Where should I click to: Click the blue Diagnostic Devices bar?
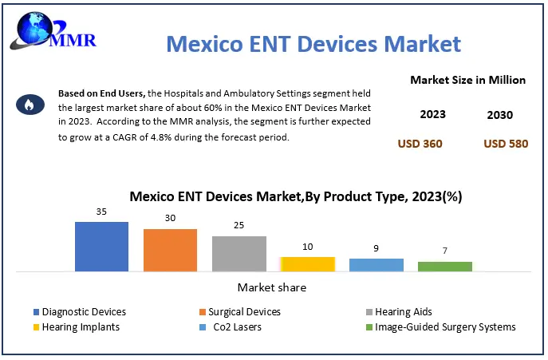point(101,246)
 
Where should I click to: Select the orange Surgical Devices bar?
point(170,250)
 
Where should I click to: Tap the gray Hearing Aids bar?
point(239,253)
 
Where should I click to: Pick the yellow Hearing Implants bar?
point(307,263)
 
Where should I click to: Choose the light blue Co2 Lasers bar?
point(376,264)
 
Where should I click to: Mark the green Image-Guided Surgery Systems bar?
point(444,266)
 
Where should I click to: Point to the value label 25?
point(239,226)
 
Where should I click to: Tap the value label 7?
point(444,251)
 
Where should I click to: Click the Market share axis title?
point(271,287)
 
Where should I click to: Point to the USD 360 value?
point(420,144)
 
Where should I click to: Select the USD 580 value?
point(506,144)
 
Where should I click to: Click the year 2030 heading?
point(500,115)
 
